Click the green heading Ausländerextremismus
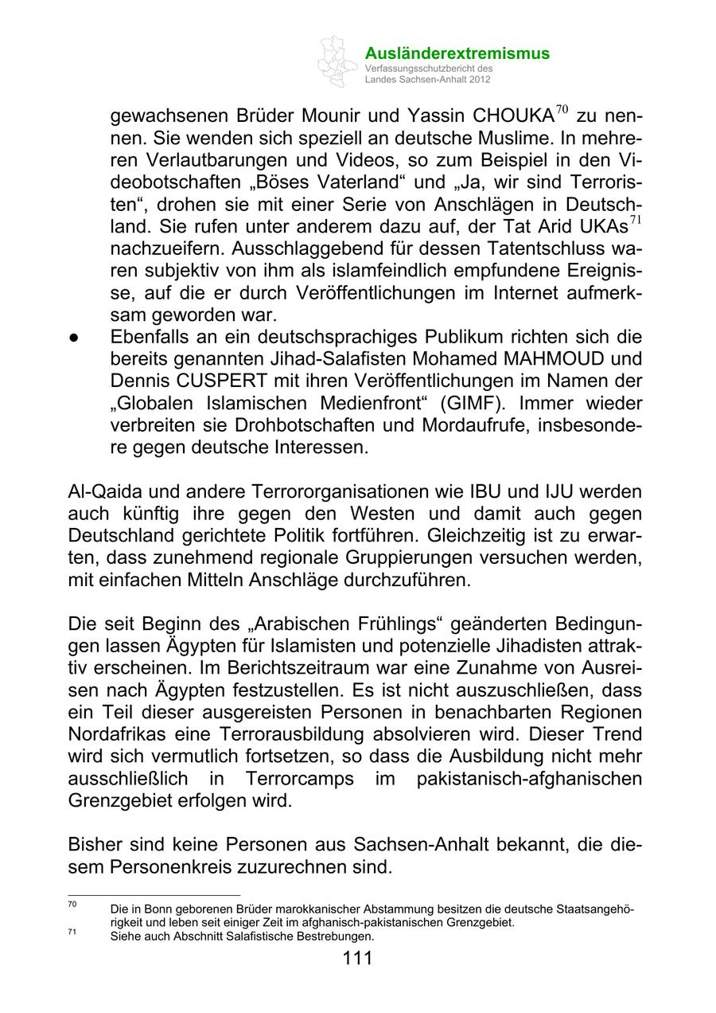[x=457, y=53]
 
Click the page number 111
[x=357, y=958]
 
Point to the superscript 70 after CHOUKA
[x=562, y=109]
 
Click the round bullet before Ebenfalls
[x=72, y=338]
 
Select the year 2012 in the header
[x=478, y=80]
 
